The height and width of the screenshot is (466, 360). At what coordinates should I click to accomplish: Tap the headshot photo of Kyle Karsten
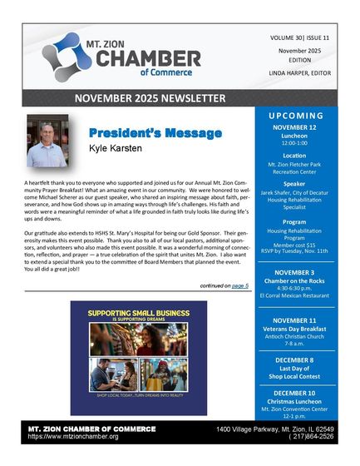coord(47,141)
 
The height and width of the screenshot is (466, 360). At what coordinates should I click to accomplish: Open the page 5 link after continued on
coord(241,285)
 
